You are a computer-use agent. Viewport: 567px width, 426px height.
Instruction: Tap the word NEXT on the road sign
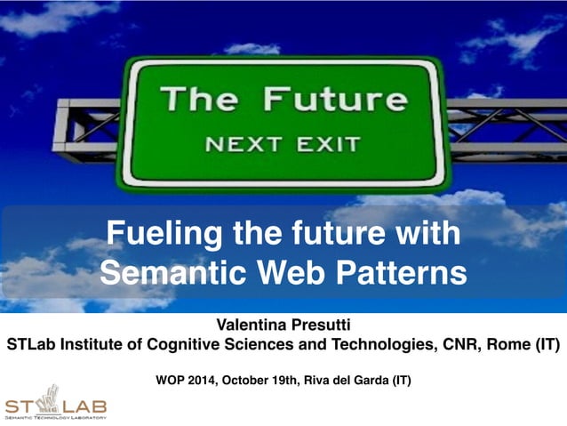pos(242,142)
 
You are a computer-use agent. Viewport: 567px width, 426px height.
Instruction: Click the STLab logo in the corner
pos(55,402)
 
